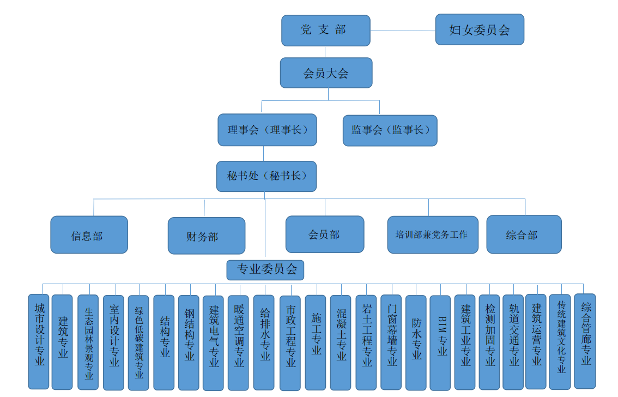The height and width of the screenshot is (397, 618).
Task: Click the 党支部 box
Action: click(x=325, y=31)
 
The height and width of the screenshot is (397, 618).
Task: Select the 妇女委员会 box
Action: click(x=480, y=29)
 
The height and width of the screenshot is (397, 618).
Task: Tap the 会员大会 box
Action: click(x=326, y=73)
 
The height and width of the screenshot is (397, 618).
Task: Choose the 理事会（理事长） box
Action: click(x=267, y=130)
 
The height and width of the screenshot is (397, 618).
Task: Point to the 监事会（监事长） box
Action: click(x=390, y=130)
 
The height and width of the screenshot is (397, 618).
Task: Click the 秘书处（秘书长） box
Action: click(x=266, y=176)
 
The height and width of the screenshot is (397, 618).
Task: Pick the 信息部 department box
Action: click(x=89, y=235)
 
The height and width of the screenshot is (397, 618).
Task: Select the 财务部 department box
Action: click(x=206, y=236)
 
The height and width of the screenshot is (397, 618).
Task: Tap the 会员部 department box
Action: click(x=325, y=234)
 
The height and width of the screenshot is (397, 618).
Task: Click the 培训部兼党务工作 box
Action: click(x=433, y=235)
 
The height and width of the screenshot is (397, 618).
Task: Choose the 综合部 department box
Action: click(x=524, y=234)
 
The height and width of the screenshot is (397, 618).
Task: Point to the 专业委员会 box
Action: click(x=265, y=269)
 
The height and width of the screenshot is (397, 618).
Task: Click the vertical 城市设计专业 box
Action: click(x=39, y=341)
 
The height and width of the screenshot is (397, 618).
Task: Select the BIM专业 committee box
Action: click(x=440, y=342)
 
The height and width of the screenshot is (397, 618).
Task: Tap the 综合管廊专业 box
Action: click(x=585, y=341)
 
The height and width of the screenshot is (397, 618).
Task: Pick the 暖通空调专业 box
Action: click(x=238, y=342)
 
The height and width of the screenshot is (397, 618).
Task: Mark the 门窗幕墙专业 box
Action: click(x=391, y=342)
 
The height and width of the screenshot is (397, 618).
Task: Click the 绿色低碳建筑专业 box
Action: click(x=138, y=342)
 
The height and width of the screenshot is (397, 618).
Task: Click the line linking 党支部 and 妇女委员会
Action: click(x=403, y=31)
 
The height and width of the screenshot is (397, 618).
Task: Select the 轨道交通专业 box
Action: click(x=513, y=342)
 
